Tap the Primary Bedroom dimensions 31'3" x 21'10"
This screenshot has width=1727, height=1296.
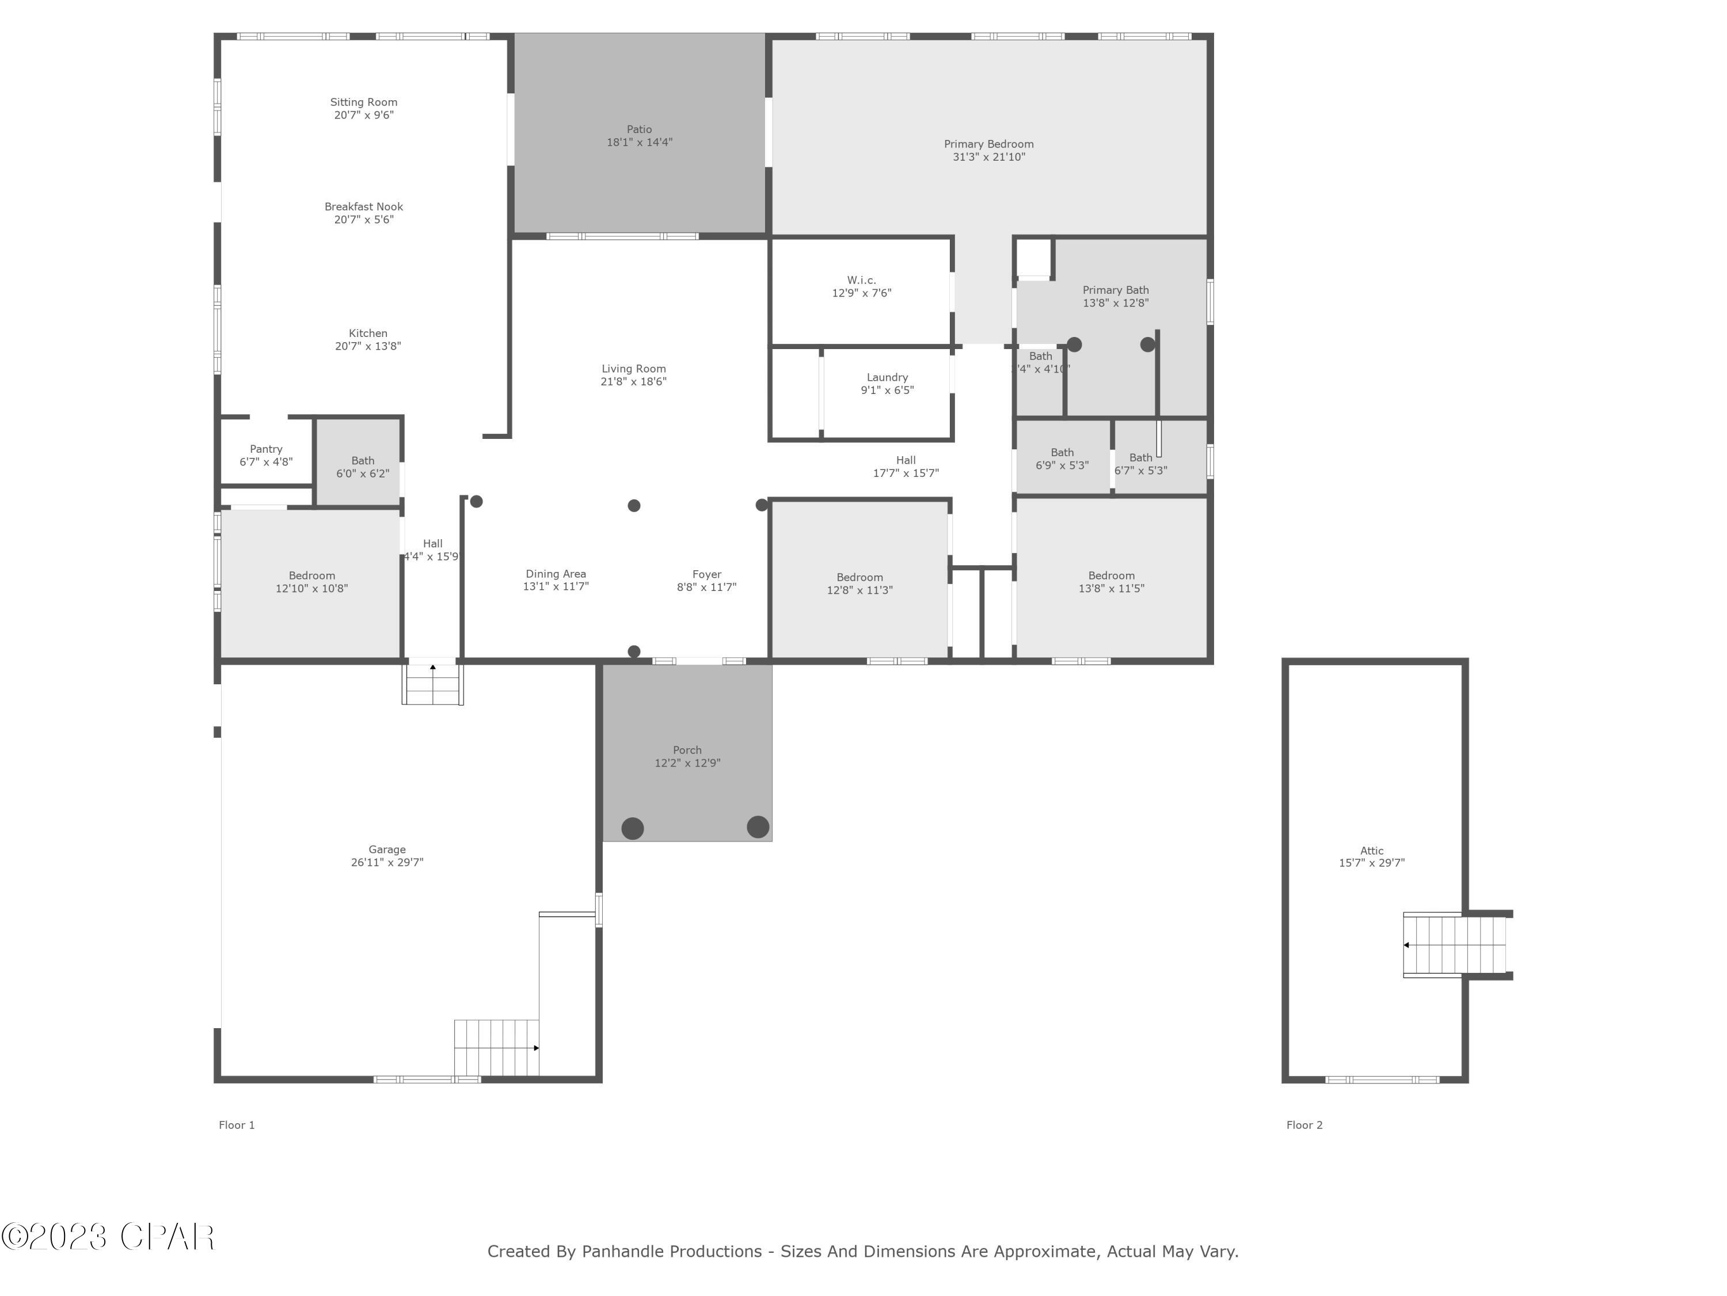(988, 157)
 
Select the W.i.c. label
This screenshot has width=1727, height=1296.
(861, 281)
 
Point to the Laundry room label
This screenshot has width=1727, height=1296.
(887, 377)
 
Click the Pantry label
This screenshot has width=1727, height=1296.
(265, 449)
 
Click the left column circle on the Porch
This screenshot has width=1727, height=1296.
(633, 828)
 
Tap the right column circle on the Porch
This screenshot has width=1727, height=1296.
(758, 827)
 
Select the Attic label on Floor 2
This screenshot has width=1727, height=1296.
(1371, 851)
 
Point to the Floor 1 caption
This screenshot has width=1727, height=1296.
(237, 1125)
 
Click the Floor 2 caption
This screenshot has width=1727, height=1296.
(1304, 1125)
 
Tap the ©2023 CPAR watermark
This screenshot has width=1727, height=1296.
(108, 1237)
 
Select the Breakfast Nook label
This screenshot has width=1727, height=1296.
(364, 207)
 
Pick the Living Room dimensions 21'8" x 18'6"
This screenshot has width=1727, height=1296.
(633, 382)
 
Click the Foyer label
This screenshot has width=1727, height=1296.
(706, 574)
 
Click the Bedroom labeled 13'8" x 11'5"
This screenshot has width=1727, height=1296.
(1111, 582)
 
